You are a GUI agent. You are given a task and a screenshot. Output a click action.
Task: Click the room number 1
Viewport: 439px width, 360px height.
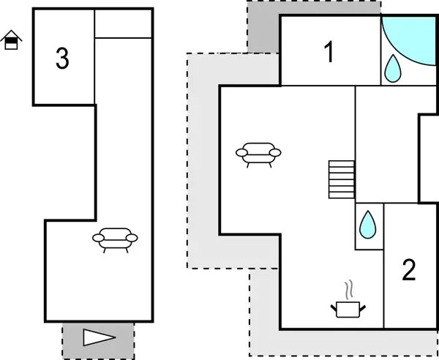(329, 52)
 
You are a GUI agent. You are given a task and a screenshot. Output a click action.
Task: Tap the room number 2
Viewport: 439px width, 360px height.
(409, 269)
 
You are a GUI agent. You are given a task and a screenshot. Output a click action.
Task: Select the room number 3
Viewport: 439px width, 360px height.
(63, 59)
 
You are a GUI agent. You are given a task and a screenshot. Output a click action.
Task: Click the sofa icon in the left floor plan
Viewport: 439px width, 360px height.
(115, 239)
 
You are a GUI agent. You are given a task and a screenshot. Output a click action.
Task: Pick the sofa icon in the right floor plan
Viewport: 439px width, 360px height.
(258, 154)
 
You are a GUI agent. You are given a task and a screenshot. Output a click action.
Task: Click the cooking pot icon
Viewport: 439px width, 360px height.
(348, 309)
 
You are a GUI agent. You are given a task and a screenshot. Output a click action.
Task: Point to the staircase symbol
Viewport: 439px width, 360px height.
(341, 179)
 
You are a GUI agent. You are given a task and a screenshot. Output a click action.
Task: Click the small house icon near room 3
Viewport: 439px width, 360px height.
(12, 40)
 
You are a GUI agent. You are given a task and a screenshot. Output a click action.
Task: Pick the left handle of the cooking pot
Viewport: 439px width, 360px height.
(334, 307)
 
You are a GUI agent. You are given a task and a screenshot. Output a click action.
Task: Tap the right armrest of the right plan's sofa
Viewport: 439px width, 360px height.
(276, 151)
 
